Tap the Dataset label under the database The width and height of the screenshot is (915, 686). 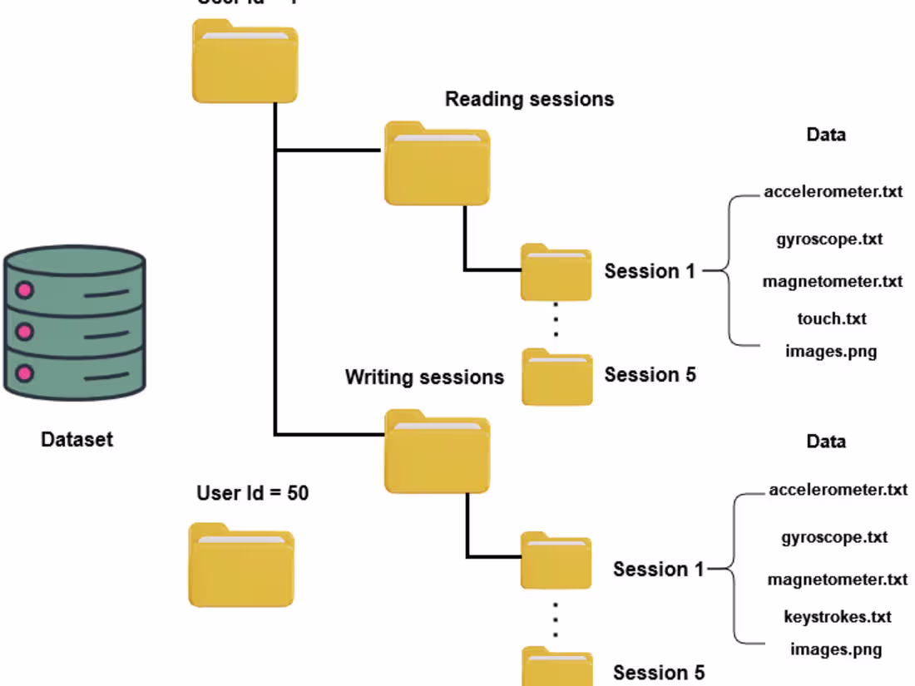tap(77, 439)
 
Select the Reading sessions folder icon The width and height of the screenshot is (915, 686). tap(437, 164)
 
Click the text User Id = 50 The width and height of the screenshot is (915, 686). tap(252, 493)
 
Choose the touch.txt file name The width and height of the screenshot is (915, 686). tap(832, 318)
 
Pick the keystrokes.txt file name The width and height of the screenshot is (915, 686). tap(837, 616)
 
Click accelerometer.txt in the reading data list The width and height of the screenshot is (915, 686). tap(833, 192)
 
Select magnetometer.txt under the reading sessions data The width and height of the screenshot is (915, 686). tap(832, 281)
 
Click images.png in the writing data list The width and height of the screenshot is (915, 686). tap(836, 649)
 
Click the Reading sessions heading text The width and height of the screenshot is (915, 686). tap(529, 99)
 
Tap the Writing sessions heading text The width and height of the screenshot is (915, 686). tap(424, 377)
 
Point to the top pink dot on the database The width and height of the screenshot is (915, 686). tap(25, 290)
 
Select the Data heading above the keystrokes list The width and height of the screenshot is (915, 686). tap(826, 441)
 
